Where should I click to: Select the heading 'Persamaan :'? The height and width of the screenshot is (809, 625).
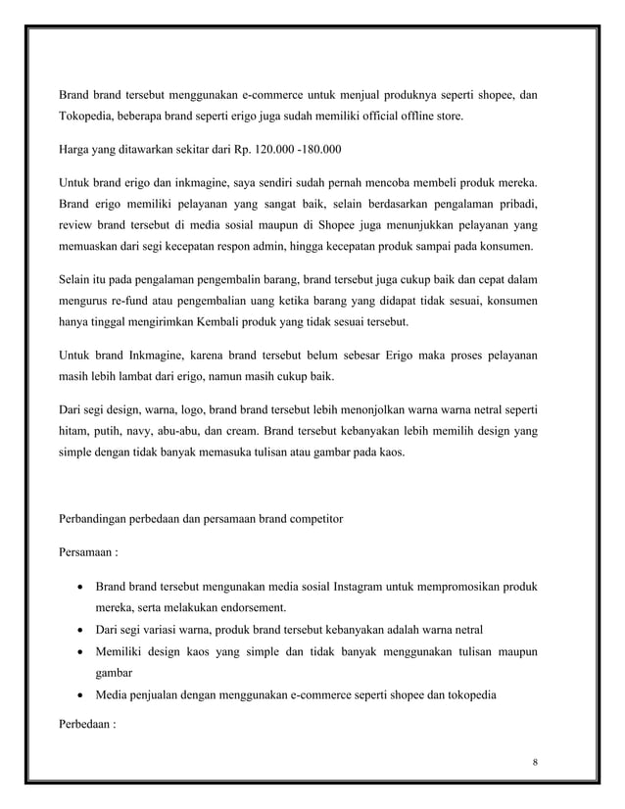(89, 552)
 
